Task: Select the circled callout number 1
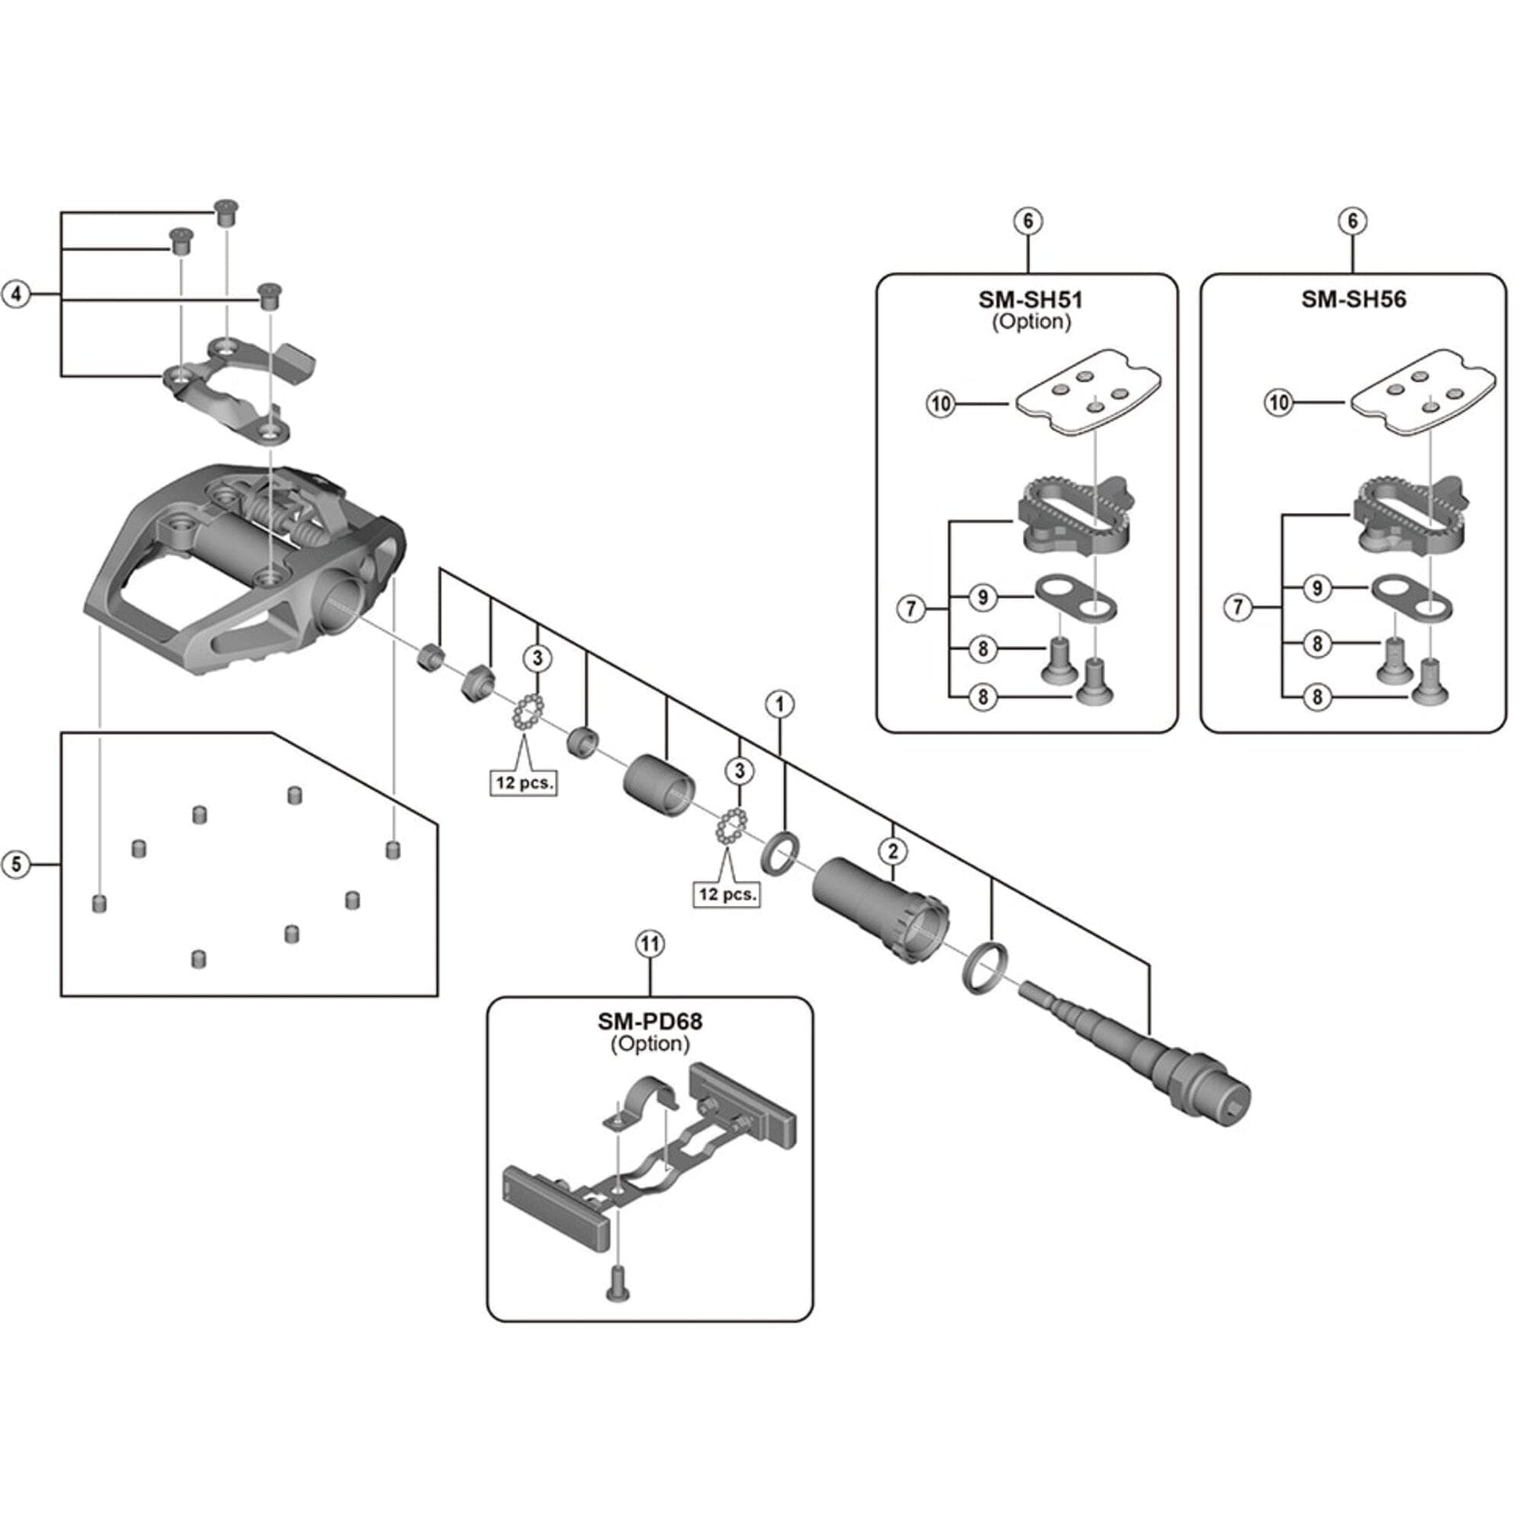point(780,703)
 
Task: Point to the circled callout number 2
point(893,850)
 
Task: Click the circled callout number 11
point(650,944)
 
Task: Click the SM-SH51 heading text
point(1030,300)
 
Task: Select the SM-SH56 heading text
point(1352,300)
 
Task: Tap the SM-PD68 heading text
point(649,1021)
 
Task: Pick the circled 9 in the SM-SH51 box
point(983,597)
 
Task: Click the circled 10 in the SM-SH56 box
point(1279,403)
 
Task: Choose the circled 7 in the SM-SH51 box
point(912,609)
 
